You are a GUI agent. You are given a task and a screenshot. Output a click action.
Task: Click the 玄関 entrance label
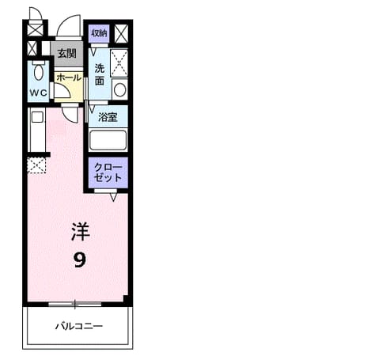tap(67, 54)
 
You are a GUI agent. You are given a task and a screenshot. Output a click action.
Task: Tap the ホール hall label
tap(69, 78)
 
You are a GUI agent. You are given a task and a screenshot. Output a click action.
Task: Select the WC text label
tap(38, 93)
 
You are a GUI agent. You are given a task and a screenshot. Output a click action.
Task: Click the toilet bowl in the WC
tap(39, 70)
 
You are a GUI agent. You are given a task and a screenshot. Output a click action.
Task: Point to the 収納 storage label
tap(99, 33)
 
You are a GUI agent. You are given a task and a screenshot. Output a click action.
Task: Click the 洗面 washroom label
tap(100, 75)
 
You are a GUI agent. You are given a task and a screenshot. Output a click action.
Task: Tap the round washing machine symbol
tap(119, 90)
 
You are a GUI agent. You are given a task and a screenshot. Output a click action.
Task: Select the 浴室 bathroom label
tap(108, 117)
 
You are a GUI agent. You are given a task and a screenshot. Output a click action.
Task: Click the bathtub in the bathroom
tap(108, 140)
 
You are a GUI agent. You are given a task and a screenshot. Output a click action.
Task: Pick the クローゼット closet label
tap(108, 172)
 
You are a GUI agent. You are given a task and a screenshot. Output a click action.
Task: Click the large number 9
tap(80, 260)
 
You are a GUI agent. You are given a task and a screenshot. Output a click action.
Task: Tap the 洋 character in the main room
tap(81, 232)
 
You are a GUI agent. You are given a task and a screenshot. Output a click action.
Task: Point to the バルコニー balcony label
tap(79, 327)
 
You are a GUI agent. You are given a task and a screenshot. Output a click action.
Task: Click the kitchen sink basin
tap(37, 117)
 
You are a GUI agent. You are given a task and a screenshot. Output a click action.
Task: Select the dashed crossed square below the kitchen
tap(36, 165)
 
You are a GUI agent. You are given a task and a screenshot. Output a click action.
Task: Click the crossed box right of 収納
tap(121, 34)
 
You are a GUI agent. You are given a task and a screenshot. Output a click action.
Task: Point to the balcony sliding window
tap(75, 304)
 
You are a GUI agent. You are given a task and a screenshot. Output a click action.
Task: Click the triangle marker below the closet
tap(113, 197)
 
